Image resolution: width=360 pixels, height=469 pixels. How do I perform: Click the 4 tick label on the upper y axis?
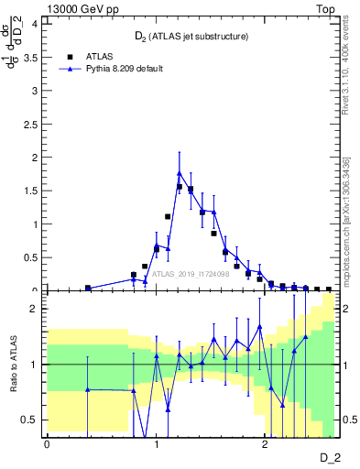[35, 24]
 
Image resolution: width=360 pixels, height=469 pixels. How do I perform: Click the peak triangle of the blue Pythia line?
[180, 172]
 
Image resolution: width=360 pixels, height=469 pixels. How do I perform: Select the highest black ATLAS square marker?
[180, 186]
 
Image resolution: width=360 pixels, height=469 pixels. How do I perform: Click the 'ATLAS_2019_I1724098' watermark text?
[191, 272]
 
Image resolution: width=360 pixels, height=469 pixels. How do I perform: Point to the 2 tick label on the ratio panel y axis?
[35, 309]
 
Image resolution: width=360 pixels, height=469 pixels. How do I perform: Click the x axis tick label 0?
[46, 444]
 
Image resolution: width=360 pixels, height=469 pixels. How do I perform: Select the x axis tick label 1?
[156, 444]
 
